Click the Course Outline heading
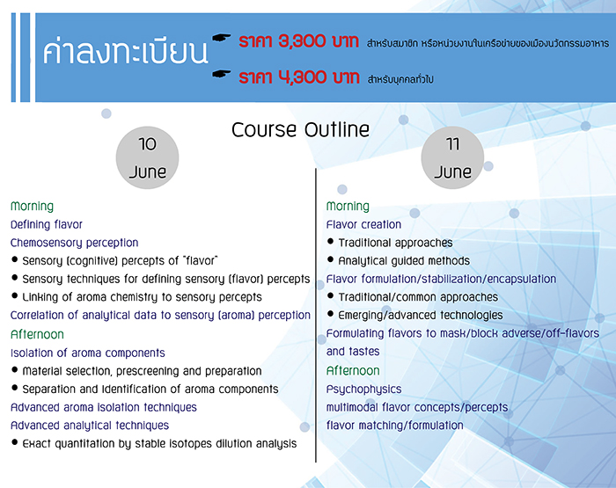(300, 130)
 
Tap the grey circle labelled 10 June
(147, 159)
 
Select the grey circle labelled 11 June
(452, 159)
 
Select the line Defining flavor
(47, 224)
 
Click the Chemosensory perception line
(75, 243)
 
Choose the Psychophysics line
(363, 389)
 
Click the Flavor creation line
(363, 224)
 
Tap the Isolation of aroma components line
(88, 353)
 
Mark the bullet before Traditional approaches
(330, 243)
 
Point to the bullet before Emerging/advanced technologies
(330, 316)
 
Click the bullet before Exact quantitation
(15, 444)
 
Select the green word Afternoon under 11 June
(353, 371)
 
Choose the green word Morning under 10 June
(32, 206)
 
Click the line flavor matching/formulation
(394, 426)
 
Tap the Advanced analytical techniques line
(90, 426)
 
